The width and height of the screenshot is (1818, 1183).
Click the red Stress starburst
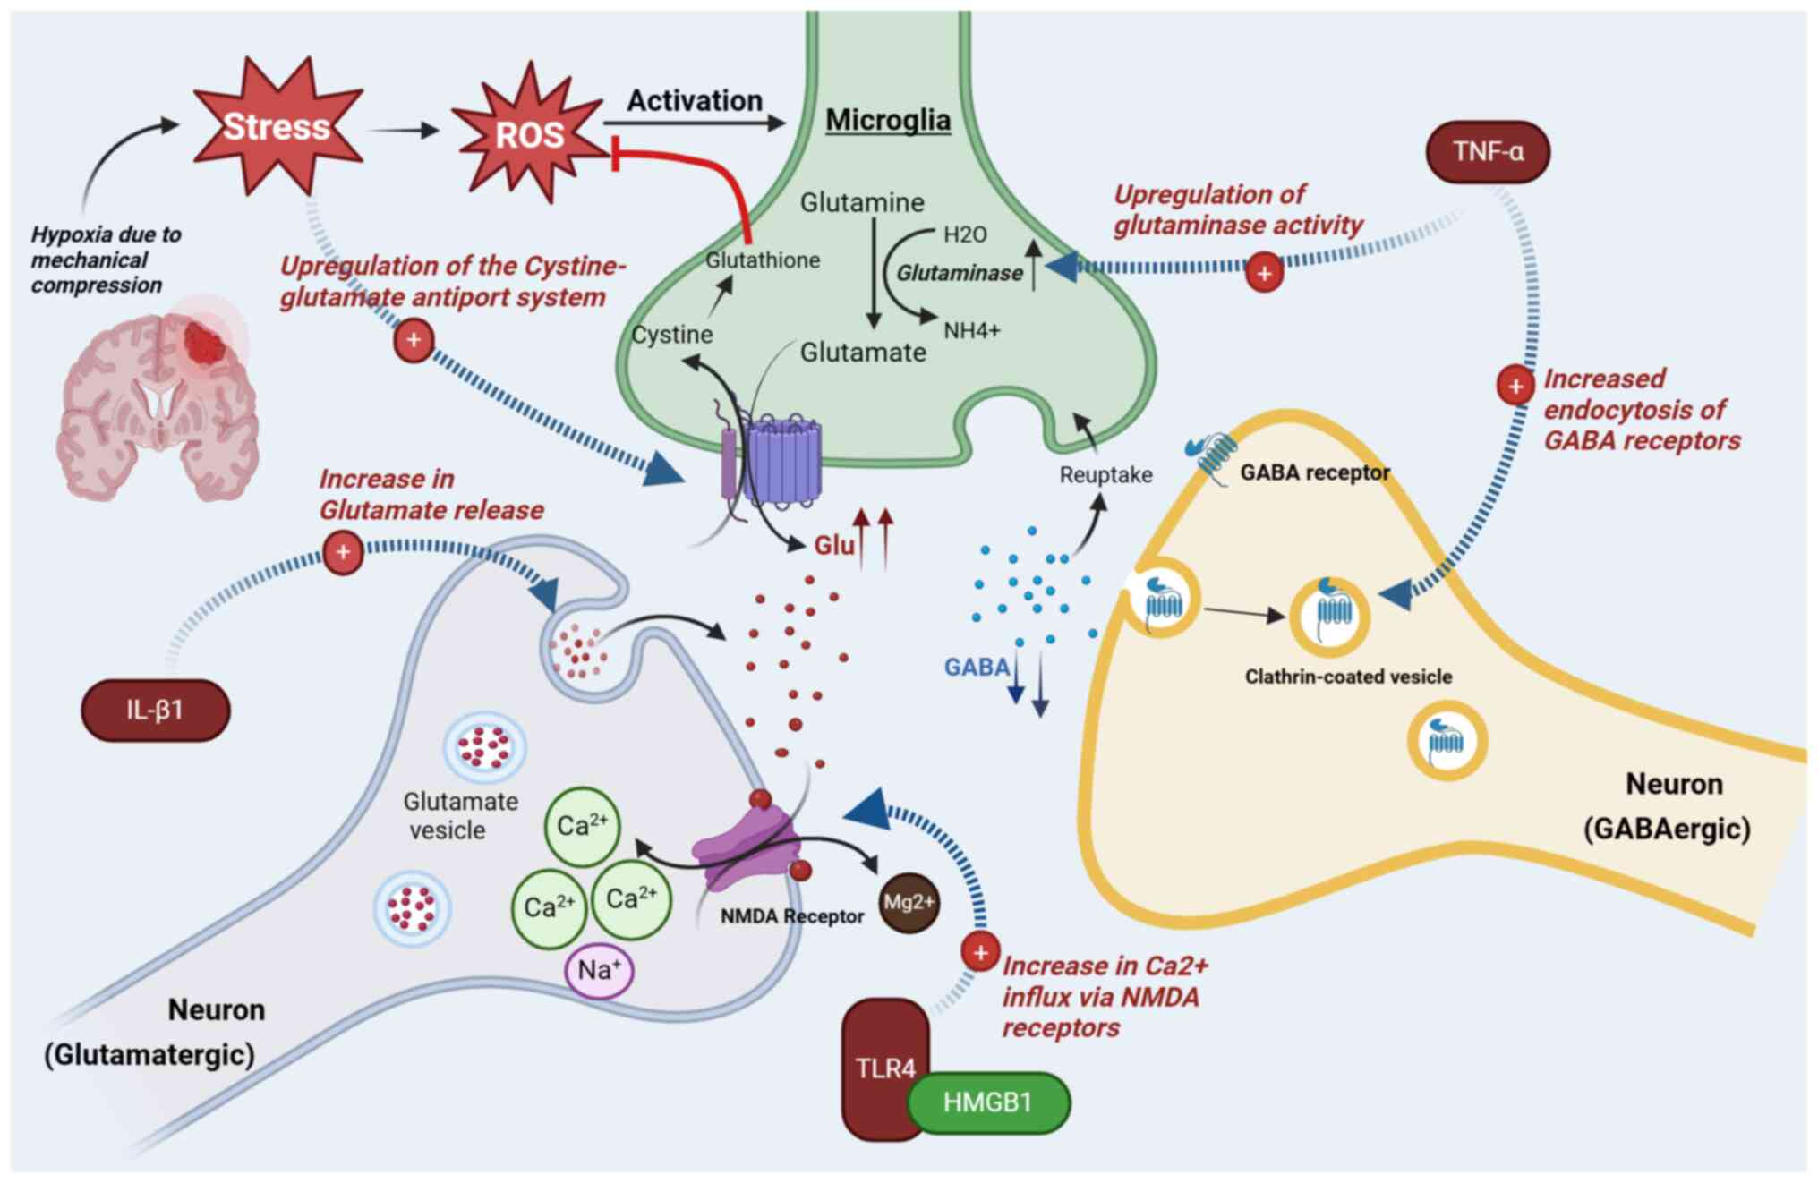[277, 126]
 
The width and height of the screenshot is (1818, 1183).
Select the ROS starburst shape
[530, 134]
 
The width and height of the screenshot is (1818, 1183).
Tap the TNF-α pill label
[1488, 151]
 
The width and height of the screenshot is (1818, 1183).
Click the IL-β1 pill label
[155, 710]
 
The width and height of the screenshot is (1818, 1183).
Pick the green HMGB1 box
[988, 1102]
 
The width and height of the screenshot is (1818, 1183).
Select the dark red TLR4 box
[884, 1068]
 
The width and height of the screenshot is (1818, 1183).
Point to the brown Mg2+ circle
[909, 902]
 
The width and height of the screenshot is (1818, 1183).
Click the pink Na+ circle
[599, 970]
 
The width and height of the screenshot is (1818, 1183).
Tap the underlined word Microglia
[887, 120]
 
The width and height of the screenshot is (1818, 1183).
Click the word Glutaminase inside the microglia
[960, 273]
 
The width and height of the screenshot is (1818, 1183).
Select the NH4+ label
[971, 331]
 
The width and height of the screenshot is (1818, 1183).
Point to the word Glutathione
[763, 260]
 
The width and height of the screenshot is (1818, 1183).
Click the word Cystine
[672, 335]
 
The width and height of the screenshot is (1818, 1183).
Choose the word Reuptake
[1105, 474]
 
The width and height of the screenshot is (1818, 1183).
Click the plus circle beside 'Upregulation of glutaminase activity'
[1264, 273]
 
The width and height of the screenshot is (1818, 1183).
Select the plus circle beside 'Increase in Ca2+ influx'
[980, 952]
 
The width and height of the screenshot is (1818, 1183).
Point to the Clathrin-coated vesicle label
[1348, 677]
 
